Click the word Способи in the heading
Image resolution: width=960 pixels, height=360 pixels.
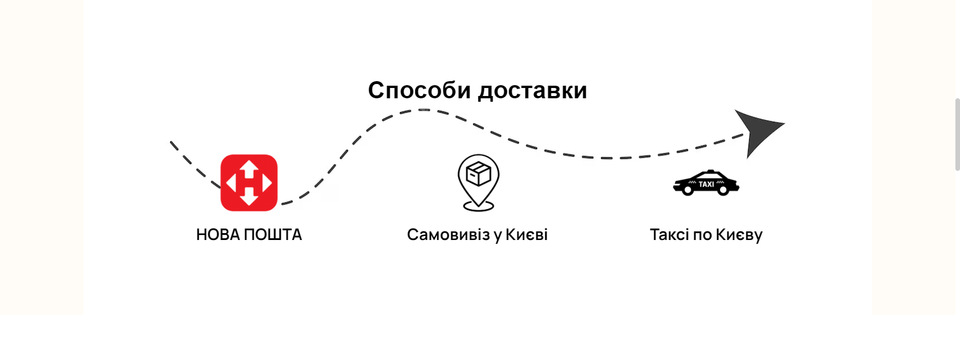point(419,91)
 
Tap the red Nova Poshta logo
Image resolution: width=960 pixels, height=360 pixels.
point(249,183)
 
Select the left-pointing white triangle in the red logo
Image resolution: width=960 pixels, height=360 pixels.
point(231,183)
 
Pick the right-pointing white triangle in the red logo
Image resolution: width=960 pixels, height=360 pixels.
point(266,183)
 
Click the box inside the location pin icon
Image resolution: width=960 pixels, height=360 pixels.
point(478,174)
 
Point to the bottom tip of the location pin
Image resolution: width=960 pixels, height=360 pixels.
point(478,205)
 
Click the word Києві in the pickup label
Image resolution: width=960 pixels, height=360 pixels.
point(526,235)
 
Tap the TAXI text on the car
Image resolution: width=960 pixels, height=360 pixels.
point(706,184)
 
